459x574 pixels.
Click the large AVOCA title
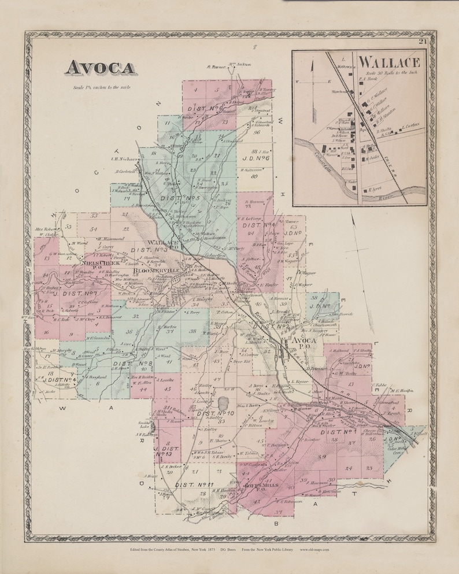(x=100, y=68)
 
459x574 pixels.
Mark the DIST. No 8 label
(x=133, y=364)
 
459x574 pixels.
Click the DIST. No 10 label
(x=214, y=413)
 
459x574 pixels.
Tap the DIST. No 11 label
(x=194, y=484)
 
